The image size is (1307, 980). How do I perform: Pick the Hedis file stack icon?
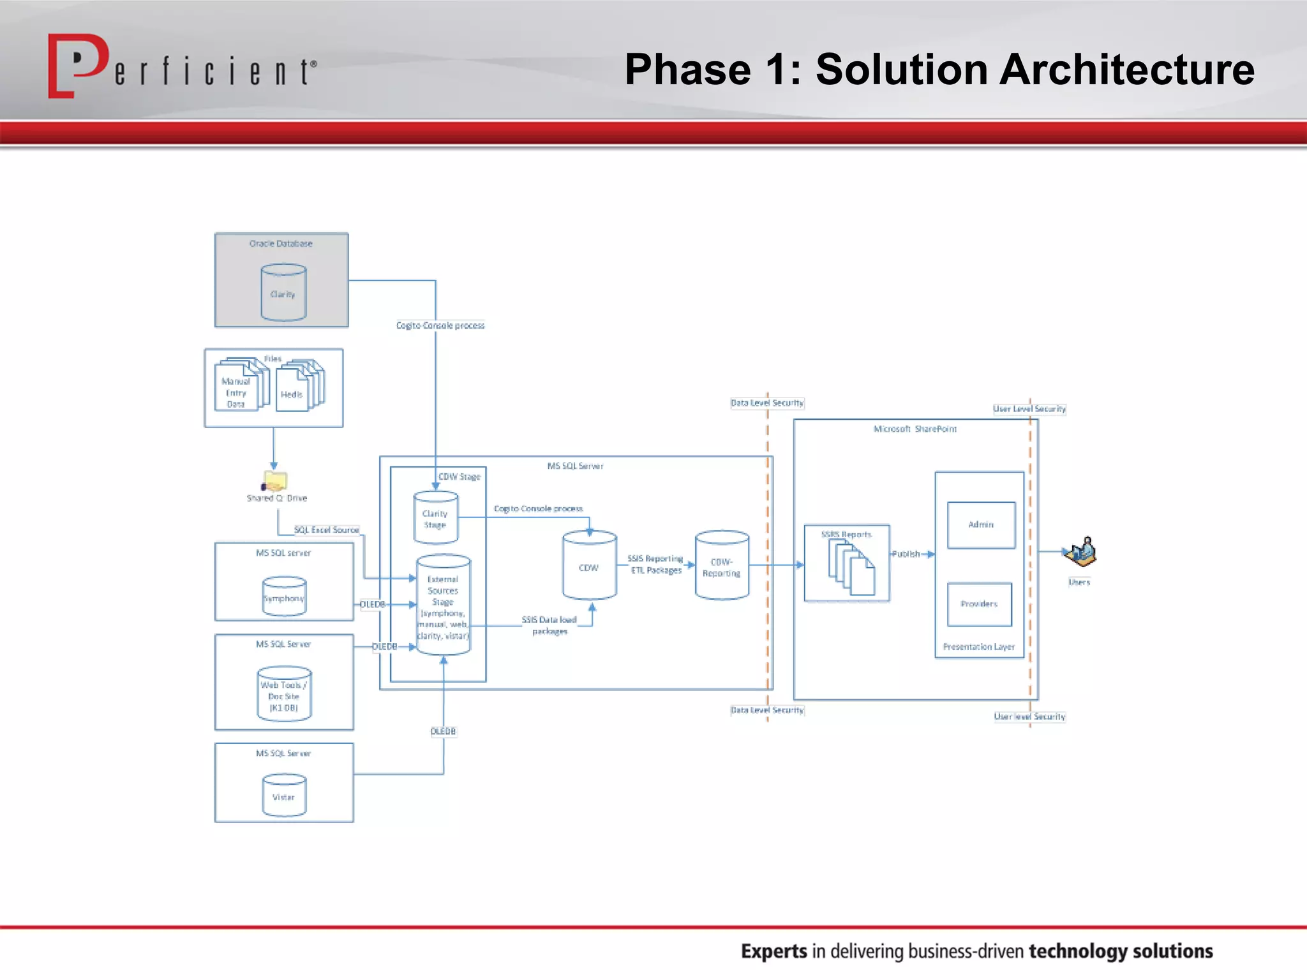click(299, 386)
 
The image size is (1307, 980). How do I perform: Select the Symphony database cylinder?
click(284, 596)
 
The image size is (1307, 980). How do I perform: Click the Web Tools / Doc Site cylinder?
click(284, 694)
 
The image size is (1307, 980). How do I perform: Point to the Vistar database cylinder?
click(284, 795)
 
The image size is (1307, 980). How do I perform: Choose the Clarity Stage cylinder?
click(435, 517)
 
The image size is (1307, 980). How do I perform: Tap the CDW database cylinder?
click(589, 565)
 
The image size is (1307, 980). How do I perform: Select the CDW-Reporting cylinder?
click(722, 565)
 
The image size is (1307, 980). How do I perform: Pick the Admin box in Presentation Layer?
click(981, 525)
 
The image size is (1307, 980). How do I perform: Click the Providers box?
click(979, 604)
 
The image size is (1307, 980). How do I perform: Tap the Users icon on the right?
click(1080, 553)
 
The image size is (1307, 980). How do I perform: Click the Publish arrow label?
click(906, 554)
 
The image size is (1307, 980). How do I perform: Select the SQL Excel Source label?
click(326, 530)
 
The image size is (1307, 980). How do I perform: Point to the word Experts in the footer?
click(773, 951)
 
